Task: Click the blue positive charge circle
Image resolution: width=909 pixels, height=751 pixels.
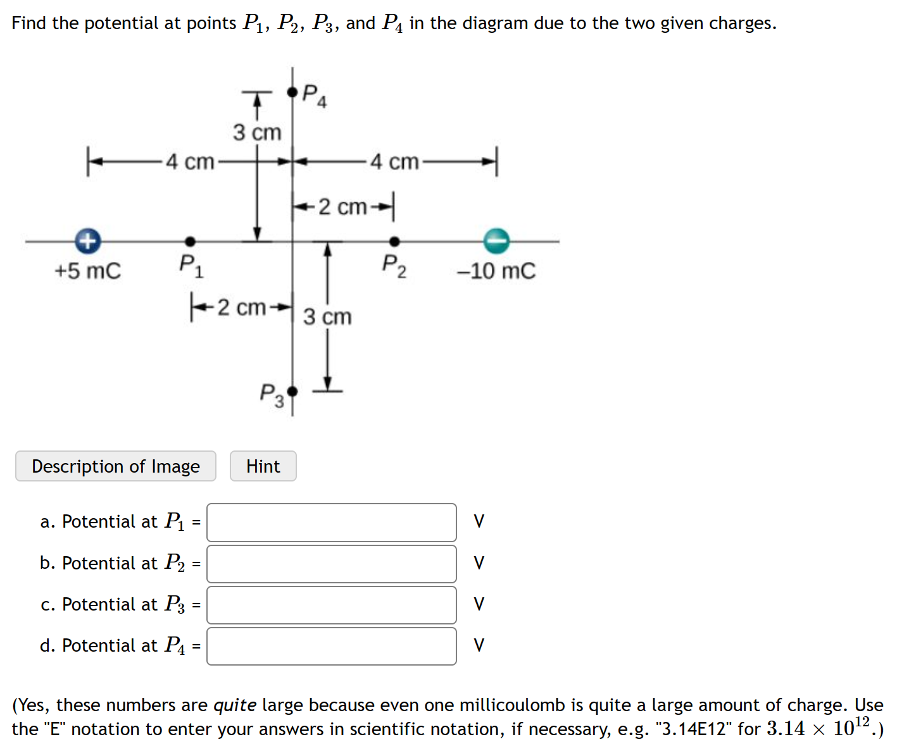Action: [88, 240]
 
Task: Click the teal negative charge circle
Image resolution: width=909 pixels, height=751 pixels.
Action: [496, 240]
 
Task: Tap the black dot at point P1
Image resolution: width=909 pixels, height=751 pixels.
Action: [190, 241]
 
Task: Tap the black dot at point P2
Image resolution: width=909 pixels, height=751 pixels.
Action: [394, 241]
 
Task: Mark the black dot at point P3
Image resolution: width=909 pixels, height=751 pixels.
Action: [292, 392]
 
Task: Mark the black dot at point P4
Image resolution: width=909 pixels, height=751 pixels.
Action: [292, 92]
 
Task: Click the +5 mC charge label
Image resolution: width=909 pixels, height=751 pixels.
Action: [87, 271]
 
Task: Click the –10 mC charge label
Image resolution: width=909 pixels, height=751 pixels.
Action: [496, 271]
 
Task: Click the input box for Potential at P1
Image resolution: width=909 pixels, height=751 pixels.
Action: [331, 523]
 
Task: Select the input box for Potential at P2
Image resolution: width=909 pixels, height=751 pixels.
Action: [331, 564]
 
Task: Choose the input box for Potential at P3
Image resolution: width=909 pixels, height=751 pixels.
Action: [331, 605]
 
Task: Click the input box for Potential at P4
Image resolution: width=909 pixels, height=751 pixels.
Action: [331, 646]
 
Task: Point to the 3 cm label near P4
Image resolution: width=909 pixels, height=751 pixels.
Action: [256, 133]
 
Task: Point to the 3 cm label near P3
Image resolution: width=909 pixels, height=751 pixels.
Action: [327, 316]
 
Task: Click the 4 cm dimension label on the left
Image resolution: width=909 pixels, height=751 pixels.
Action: [190, 162]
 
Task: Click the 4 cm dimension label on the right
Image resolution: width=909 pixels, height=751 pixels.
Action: [394, 162]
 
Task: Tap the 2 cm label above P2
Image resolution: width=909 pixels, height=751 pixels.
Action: [342, 207]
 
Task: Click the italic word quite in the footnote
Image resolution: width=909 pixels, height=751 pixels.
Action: [234, 705]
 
